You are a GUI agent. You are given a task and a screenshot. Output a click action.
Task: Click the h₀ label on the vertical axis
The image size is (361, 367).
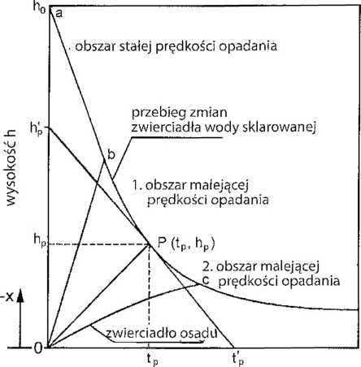(39, 6)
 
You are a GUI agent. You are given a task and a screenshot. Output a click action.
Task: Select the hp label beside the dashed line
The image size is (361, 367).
(40, 240)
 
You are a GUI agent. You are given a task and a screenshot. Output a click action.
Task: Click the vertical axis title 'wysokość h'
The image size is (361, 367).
(11, 168)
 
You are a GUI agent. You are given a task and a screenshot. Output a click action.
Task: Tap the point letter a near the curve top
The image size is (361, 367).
(59, 13)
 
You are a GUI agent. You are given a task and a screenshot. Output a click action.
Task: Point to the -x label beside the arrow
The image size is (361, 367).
(7, 297)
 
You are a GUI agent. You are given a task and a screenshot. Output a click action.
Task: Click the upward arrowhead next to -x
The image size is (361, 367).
(20, 297)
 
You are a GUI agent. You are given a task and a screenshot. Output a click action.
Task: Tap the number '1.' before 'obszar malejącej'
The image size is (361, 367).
(137, 186)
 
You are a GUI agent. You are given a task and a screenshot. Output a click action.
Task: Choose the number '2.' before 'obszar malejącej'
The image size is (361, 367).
(207, 267)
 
